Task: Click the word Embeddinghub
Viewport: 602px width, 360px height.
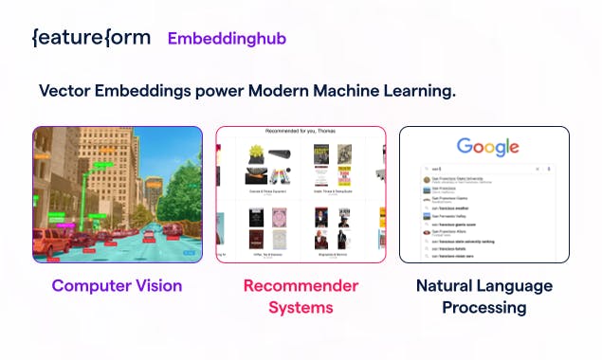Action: pyautogui.click(x=227, y=39)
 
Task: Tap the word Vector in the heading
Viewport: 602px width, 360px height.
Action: pyautogui.click(x=67, y=91)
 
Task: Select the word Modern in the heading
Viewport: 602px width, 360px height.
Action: pyautogui.click(x=283, y=91)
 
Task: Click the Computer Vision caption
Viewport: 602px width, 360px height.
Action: pyautogui.click(x=117, y=285)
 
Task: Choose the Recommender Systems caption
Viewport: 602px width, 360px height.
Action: pyautogui.click(x=301, y=296)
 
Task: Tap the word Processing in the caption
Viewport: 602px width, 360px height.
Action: pyautogui.click(x=483, y=308)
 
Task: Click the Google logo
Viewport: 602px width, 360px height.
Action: pyautogui.click(x=487, y=147)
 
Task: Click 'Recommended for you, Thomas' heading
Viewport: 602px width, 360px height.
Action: pyautogui.click(x=300, y=131)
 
